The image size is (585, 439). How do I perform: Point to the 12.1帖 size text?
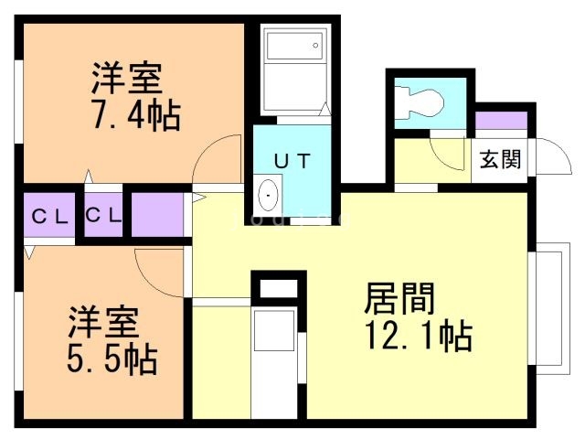click(x=418, y=337)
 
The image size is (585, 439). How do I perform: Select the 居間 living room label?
click(x=399, y=298)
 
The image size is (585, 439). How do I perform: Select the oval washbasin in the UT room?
click(x=269, y=195)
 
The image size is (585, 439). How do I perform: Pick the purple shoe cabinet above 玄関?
click(x=501, y=120)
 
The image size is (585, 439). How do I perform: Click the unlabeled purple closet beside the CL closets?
click(x=157, y=215)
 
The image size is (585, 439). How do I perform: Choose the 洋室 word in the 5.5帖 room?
click(x=103, y=322)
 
